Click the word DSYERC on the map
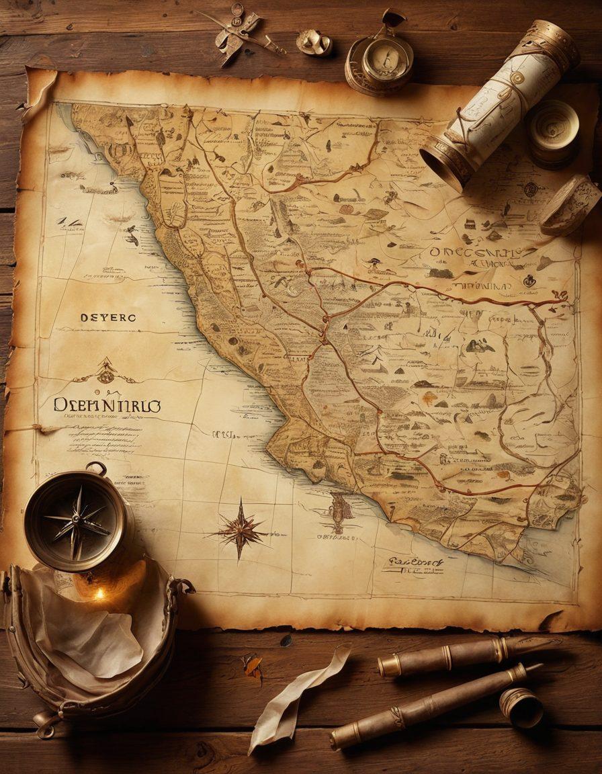pyautogui.click(x=107, y=317)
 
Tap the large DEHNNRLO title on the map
pyautogui.click(x=107, y=406)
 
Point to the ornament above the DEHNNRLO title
pyautogui.click(x=105, y=372)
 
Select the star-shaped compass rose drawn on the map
pyautogui.click(x=241, y=530)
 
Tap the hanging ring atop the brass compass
pyautogui.click(x=96, y=467)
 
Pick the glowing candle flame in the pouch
pyautogui.click(x=99, y=594)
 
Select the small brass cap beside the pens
pyautogui.click(x=521, y=707)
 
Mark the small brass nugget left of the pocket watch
pyautogui.click(x=314, y=43)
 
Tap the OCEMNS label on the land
pyautogui.click(x=474, y=253)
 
